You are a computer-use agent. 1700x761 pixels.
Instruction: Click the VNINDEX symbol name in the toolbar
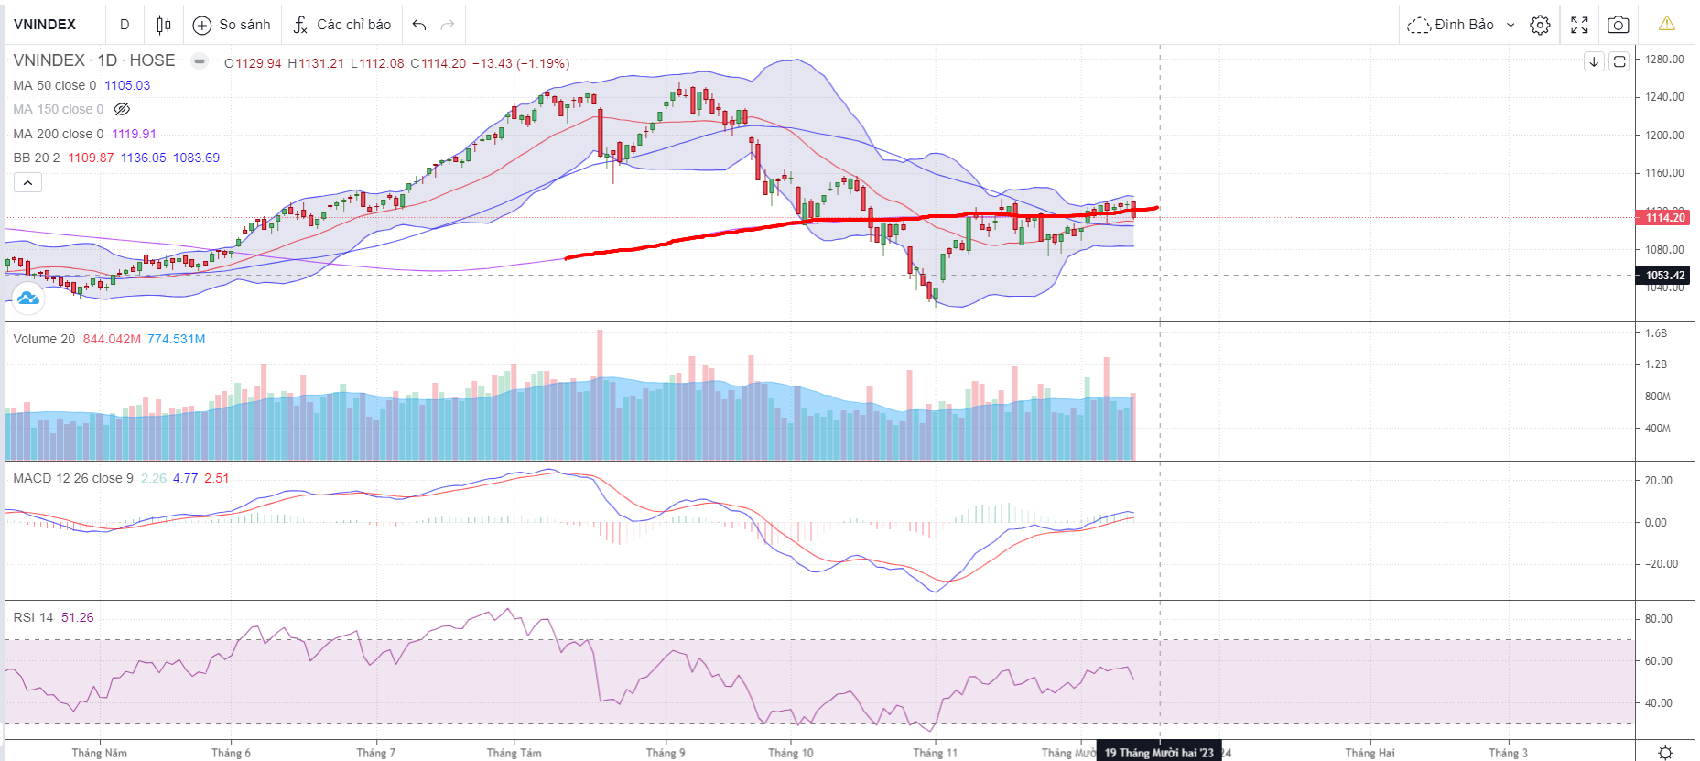point(45,25)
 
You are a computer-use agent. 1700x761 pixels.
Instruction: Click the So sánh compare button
point(233,25)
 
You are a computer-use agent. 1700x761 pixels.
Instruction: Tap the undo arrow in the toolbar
point(419,25)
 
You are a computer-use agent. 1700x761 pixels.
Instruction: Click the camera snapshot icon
point(1618,25)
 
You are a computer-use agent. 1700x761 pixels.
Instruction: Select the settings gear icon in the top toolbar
point(1541,25)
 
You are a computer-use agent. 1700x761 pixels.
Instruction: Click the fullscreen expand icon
point(1579,25)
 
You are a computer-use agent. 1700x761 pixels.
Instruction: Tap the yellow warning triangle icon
point(1666,24)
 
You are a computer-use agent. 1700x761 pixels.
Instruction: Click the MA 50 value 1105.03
point(127,85)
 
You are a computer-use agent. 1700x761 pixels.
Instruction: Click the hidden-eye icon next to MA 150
point(122,109)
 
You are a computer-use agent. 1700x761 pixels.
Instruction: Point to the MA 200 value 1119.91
point(134,134)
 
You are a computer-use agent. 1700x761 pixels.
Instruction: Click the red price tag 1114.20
point(1664,217)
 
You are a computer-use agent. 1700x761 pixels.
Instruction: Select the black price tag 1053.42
point(1664,275)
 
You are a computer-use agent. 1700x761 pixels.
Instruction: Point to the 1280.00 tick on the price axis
point(1664,60)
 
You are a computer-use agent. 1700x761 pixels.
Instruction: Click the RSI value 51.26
point(78,617)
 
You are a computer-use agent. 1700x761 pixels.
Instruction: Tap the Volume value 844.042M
point(112,339)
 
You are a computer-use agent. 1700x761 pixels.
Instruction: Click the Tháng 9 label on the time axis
point(666,753)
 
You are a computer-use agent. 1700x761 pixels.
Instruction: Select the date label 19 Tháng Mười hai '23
point(1158,753)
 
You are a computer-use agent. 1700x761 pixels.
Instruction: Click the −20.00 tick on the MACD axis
point(1661,564)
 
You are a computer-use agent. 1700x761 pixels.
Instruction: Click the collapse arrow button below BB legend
point(27,182)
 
